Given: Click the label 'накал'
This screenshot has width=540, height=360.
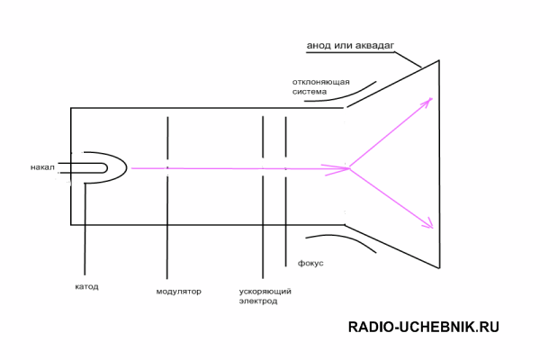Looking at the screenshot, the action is [x=42, y=167].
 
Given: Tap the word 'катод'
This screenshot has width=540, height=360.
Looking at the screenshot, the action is [x=86, y=286].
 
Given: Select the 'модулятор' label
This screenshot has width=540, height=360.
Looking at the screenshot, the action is [x=179, y=292].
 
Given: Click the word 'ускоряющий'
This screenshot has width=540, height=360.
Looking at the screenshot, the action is [x=265, y=292].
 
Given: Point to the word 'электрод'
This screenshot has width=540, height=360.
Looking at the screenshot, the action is [x=258, y=301].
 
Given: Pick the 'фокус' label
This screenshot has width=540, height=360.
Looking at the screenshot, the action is [x=310, y=263].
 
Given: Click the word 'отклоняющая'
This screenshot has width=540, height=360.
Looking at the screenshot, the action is [x=321, y=82].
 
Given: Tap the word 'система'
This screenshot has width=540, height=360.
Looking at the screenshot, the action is [x=310, y=92].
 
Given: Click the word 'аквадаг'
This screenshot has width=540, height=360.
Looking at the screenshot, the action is [x=374, y=46].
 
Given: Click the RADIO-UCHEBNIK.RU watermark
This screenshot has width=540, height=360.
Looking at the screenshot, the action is [x=424, y=327].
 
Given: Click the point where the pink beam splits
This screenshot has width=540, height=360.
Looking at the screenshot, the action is [x=349, y=168].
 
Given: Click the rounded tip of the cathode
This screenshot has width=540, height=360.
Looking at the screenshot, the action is [x=126, y=167].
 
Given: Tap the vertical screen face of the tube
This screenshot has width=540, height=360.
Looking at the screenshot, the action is [x=439, y=165].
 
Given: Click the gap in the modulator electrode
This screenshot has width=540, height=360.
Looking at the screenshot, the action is [x=167, y=167].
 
